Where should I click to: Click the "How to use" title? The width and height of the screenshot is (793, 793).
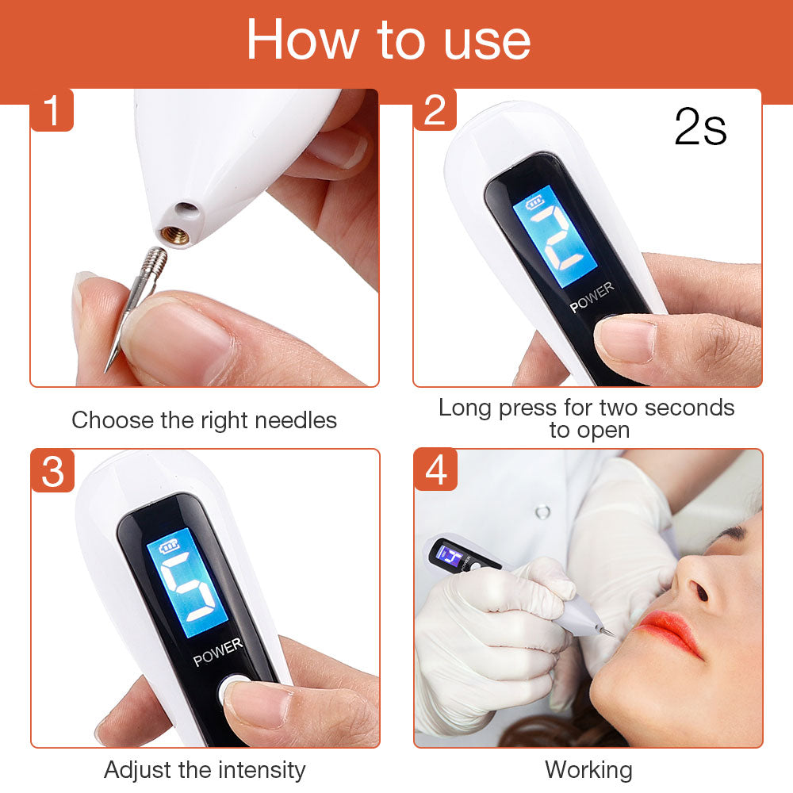[388, 40]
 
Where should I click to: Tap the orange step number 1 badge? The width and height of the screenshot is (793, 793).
[52, 111]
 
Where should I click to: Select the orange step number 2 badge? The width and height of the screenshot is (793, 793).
[435, 111]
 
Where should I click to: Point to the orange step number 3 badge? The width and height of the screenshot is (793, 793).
[52, 471]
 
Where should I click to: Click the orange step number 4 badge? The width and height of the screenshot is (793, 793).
[435, 471]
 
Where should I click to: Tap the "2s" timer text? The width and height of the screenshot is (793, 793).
[700, 127]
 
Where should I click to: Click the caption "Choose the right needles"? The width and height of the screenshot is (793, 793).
[204, 420]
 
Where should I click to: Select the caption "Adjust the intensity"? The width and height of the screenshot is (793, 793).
[204, 769]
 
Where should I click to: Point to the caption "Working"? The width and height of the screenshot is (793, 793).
[588, 769]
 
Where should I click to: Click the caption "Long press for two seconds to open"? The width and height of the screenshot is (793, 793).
[587, 419]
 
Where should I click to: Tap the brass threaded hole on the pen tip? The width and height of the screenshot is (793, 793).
[176, 235]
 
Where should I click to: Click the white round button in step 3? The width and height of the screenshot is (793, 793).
[232, 688]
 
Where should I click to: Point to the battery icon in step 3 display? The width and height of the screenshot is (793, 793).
[169, 546]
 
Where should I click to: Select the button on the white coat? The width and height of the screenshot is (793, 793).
[542, 511]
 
